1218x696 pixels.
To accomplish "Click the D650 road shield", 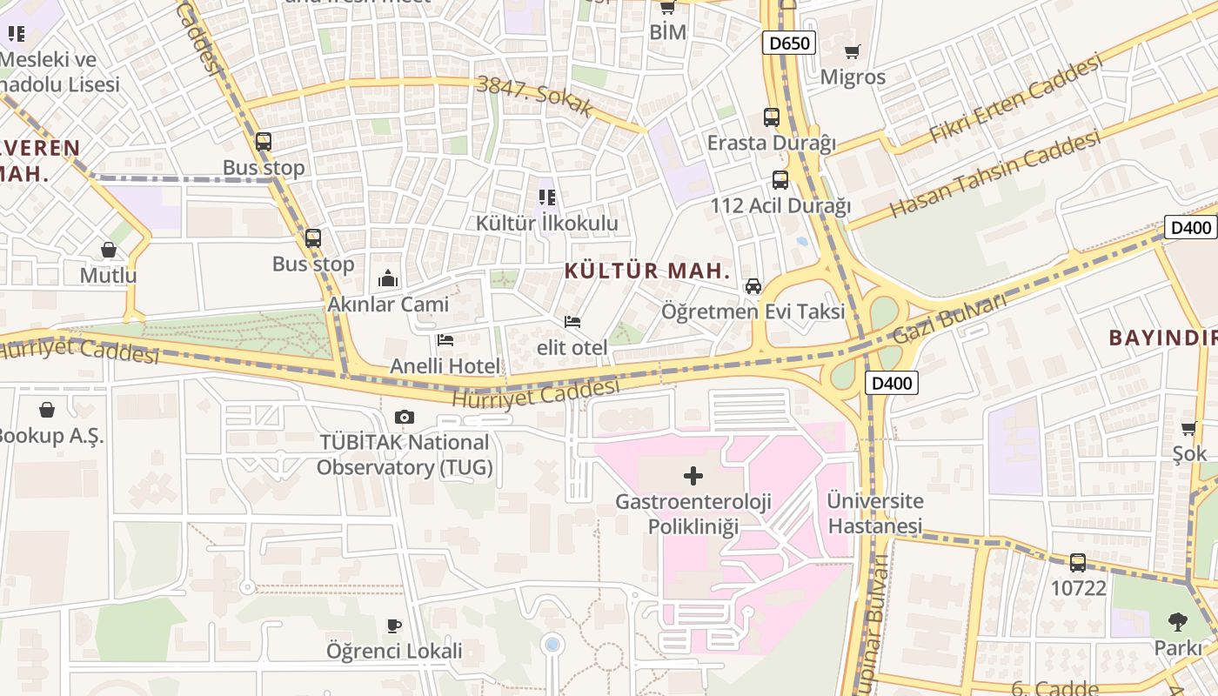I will point(788,43).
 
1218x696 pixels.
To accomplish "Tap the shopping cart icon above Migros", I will point(852,51).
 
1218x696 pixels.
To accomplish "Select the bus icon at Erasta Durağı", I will point(771,117).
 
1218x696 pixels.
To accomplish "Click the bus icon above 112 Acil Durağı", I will point(780,180).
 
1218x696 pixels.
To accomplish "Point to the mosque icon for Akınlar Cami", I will point(388,278).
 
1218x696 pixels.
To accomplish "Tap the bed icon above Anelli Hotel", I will point(445,340).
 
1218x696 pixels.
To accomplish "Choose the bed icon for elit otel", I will point(572,322).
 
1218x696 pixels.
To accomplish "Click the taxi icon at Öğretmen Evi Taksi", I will point(753,285).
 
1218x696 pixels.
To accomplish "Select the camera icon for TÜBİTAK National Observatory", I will point(404,418).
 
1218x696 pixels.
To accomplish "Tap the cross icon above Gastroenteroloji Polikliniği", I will point(693,476).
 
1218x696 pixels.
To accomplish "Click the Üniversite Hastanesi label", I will point(874,513).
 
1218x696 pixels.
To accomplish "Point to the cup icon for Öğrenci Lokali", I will point(394,626).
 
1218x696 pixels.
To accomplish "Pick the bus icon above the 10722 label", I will point(1078,562).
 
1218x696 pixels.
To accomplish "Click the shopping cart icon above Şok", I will point(1188,428).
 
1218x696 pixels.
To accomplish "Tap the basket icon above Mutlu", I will point(109,251).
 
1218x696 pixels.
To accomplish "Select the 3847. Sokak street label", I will point(534,97).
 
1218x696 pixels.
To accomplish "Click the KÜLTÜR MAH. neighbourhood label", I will point(647,271).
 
